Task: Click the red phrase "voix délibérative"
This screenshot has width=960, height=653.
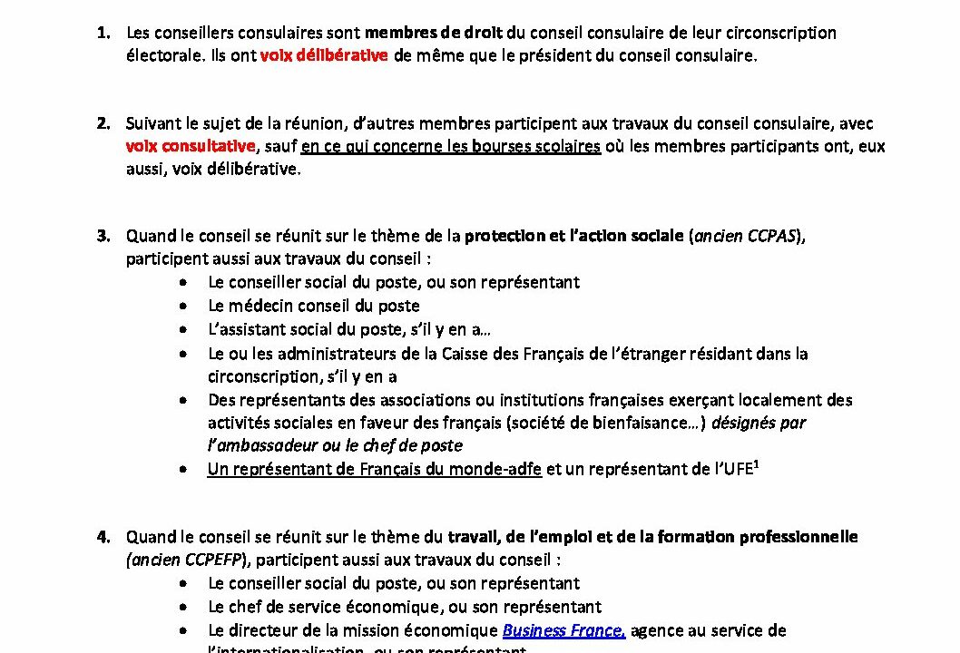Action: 324,55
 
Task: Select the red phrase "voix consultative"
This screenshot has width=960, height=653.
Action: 190,146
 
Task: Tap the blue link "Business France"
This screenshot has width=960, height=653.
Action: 563,630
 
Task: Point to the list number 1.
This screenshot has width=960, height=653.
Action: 103,33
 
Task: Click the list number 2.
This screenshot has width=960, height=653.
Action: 103,123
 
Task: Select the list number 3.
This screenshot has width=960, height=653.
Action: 103,237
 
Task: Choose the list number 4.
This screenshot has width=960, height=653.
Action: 103,537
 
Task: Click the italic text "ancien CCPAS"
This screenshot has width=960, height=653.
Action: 748,237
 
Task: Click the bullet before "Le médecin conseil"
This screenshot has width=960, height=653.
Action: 185,306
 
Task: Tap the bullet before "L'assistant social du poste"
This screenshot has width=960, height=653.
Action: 185,329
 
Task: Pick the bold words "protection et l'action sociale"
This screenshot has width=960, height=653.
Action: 573,237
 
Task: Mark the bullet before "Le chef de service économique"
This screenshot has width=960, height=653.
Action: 185,607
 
